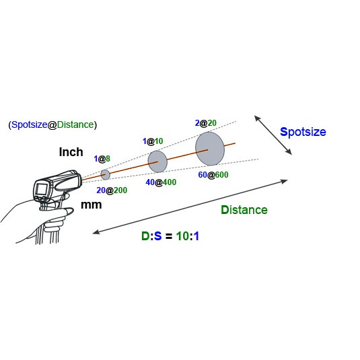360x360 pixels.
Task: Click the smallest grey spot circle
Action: click(x=106, y=175)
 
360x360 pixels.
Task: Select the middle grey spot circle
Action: click(x=157, y=161)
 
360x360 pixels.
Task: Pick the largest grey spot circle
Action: click(x=210, y=149)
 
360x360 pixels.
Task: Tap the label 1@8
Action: click(x=102, y=159)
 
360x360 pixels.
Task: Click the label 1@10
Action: click(x=153, y=141)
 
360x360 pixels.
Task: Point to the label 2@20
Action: click(x=206, y=123)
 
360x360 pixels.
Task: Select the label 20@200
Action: click(x=112, y=190)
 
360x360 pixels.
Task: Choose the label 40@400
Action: click(x=161, y=182)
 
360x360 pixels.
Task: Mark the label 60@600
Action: click(x=213, y=175)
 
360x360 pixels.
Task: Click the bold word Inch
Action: click(x=71, y=152)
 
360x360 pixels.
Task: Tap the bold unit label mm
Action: click(x=91, y=205)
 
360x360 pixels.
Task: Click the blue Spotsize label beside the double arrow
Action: click(x=303, y=133)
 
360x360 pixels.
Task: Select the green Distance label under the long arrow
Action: click(x=244, y=210)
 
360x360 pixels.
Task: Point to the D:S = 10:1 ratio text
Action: click(x=170, y=236)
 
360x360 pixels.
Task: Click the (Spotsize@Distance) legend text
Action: click(x=52, y=124)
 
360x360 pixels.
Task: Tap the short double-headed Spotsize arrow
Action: click(x=273, y=135)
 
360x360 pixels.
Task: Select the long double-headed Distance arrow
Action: click(x=190, y=207)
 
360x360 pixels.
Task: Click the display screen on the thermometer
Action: click(x=41, y=189)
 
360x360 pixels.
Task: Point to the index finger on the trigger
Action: click(x=67, y=211)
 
